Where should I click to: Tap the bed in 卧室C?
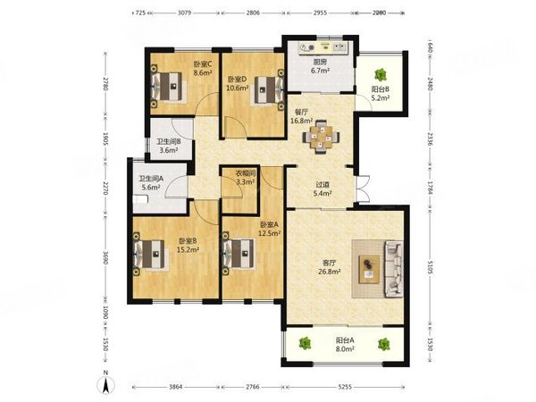(167, 86)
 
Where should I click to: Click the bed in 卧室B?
(149, 254)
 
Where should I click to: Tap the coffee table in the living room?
(369, 267)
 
